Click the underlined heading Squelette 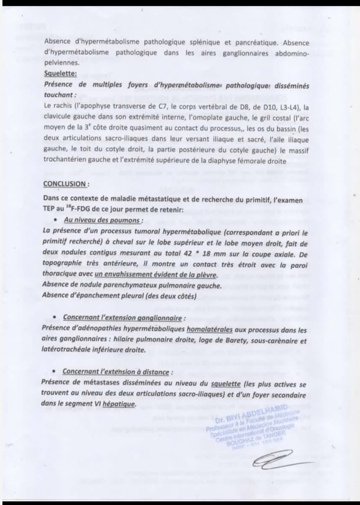click(x=61, y=74)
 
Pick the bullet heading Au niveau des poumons click(x=102, y=220)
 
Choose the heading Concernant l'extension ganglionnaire click(x=122, y=317)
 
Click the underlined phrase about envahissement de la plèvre click(x=156, y=275)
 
